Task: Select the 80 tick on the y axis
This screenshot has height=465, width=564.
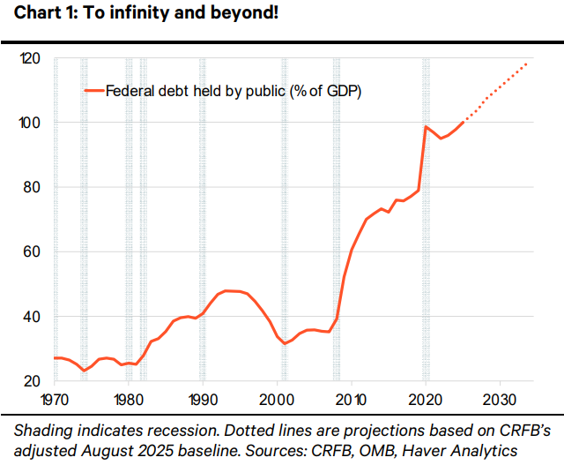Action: (x=33, y=187)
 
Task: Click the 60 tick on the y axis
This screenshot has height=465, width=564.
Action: (x=33, y=251)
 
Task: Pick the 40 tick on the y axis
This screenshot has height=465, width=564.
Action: (x=33, y=317)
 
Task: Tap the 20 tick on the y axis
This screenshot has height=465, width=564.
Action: (x=33, y=381)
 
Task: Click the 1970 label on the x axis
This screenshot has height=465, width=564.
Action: (x=55, y=397)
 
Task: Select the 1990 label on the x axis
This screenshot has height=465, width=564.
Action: (x=203, y=397)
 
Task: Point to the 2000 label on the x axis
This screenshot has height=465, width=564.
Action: (x=278, y=397)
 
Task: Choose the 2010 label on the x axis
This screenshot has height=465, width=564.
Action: (x=352, y=397)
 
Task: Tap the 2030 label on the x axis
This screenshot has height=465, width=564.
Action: (x=500, y=397)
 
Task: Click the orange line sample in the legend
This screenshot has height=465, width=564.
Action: (x=94, y=90)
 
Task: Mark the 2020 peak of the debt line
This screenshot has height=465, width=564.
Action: (x=427, y=127)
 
